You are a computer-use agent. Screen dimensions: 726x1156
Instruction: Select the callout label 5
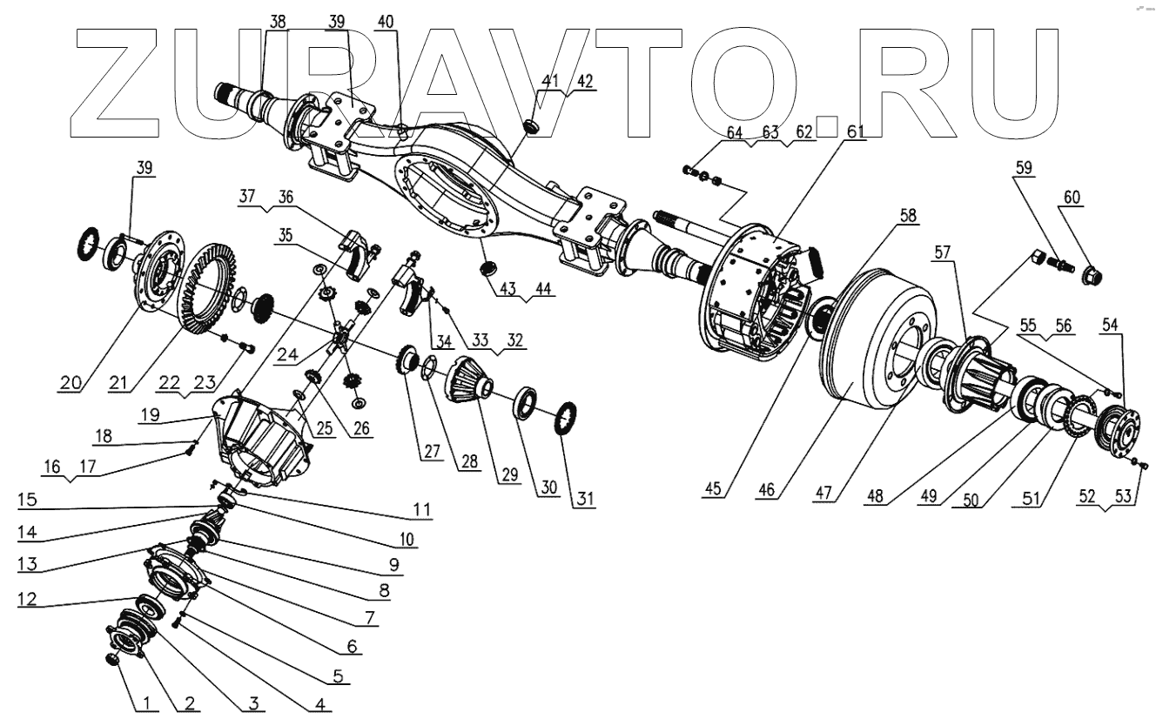(x=337, y=675)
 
